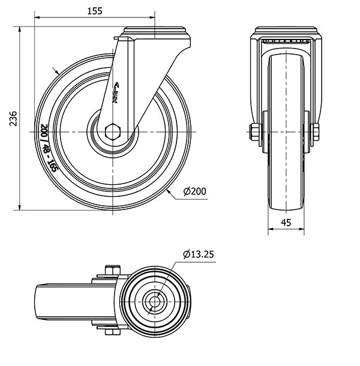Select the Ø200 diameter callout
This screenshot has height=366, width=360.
(193, 191)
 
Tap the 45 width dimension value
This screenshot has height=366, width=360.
(286, 222)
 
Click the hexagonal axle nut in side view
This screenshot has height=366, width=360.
(113, 131)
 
